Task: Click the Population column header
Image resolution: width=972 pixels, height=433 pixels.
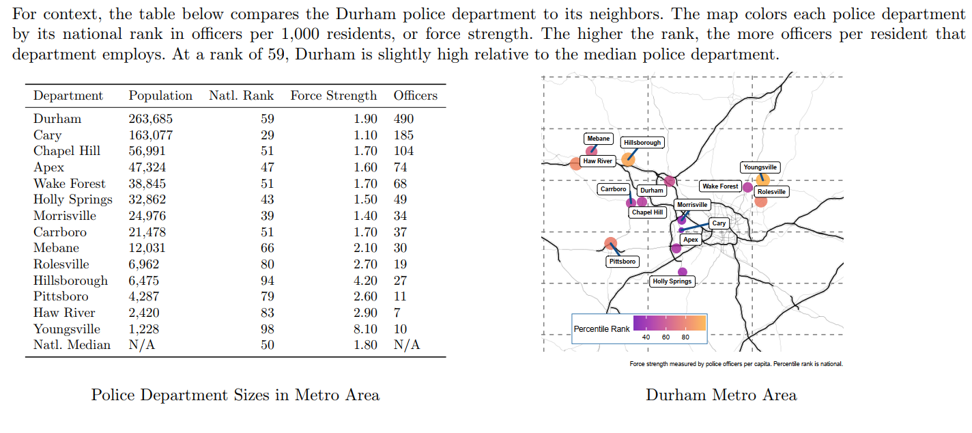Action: click(160, 96)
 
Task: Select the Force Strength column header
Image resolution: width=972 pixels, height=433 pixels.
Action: click(333, 96)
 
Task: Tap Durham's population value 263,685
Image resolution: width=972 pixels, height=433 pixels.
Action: click(151, 119)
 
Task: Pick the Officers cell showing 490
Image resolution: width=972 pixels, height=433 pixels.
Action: click(403, 119)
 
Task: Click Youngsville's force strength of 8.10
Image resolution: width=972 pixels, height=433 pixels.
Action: click(365, 329)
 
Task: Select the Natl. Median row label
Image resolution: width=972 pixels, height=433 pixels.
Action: click(72, 345)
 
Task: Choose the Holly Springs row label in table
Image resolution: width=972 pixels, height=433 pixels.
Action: click(73, 199)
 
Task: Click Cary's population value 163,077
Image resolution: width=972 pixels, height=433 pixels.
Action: click(151, 135)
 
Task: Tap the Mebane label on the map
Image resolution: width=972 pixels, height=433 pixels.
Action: click(599, 139)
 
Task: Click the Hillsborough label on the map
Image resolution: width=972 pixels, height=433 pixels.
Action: click(642, 143)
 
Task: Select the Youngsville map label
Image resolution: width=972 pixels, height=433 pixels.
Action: click(760, 167)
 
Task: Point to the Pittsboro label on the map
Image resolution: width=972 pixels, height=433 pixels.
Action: click(623, 262)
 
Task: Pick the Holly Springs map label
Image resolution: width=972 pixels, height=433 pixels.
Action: click(672, 281)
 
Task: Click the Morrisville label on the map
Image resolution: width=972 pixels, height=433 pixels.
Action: click(693, 205)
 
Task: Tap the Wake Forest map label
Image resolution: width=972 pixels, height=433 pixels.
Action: click(720, 186)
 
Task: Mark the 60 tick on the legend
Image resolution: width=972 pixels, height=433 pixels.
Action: click(666, 337)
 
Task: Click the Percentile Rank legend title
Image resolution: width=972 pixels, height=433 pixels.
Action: click(601, 329)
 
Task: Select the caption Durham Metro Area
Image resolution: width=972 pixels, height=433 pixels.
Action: click(721, 395)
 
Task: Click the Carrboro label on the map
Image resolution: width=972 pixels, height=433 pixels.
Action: click(613, 189)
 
